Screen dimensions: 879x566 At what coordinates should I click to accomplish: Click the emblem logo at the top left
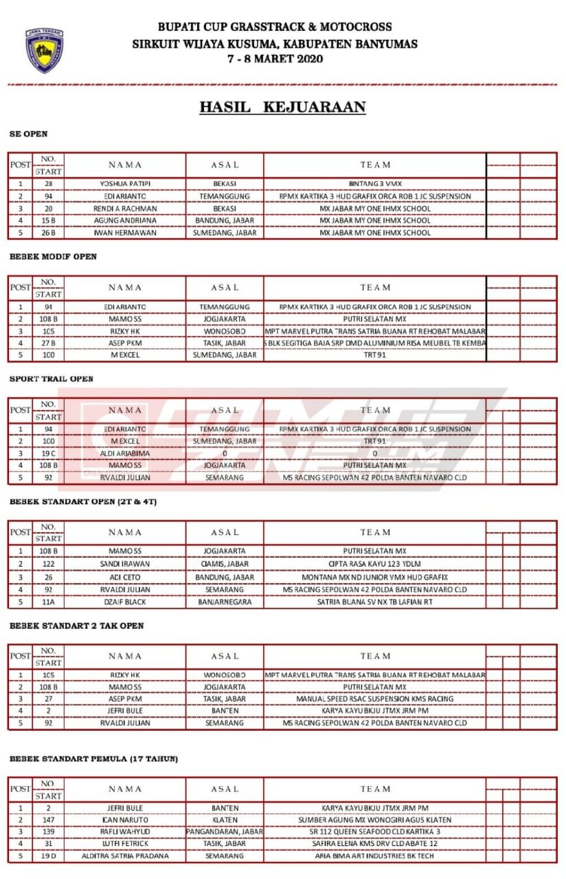point(45,50)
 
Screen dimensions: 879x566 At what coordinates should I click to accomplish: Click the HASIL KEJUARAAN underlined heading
point(282,107)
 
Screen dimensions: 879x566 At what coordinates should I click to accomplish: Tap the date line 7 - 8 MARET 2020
point(275,59)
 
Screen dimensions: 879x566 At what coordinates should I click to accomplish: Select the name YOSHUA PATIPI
point(125,184)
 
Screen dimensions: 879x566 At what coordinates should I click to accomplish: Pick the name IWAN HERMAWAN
point(125,233)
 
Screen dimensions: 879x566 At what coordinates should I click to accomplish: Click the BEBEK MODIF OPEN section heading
point(53,256)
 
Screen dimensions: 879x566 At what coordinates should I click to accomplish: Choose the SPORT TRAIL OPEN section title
point(52,378)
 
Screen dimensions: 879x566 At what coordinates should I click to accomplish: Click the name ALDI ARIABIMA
point(125,453)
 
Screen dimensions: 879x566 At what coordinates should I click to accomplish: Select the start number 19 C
point(48,453)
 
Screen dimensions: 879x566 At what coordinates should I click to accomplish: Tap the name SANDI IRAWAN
point(125,564)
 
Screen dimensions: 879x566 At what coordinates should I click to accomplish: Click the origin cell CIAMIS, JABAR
point(225,564)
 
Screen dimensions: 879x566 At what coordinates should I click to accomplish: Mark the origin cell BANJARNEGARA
point(225,602)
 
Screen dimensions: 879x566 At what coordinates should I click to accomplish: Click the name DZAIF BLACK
point(125,602)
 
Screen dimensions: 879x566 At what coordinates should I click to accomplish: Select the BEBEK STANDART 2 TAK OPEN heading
point(77,626)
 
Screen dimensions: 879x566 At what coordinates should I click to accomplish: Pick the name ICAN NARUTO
point(125,820)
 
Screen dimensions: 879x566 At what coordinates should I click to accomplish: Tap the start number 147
point(48,820)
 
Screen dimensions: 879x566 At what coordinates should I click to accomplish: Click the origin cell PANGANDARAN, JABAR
point(225,832)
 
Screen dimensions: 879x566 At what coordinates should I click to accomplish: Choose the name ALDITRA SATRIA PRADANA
point(125,856)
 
